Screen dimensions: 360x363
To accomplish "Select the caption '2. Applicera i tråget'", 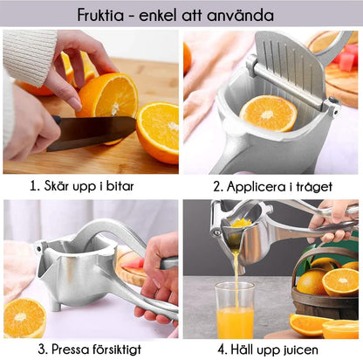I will [x=272, y=184].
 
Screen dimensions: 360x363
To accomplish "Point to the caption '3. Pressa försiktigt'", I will [x=90, y=350].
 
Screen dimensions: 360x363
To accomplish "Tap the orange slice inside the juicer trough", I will [x=268, y=113].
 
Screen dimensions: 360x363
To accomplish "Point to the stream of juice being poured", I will [x=234, y=267].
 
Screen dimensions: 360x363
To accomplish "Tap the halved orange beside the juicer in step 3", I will [x=25, y=316].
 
